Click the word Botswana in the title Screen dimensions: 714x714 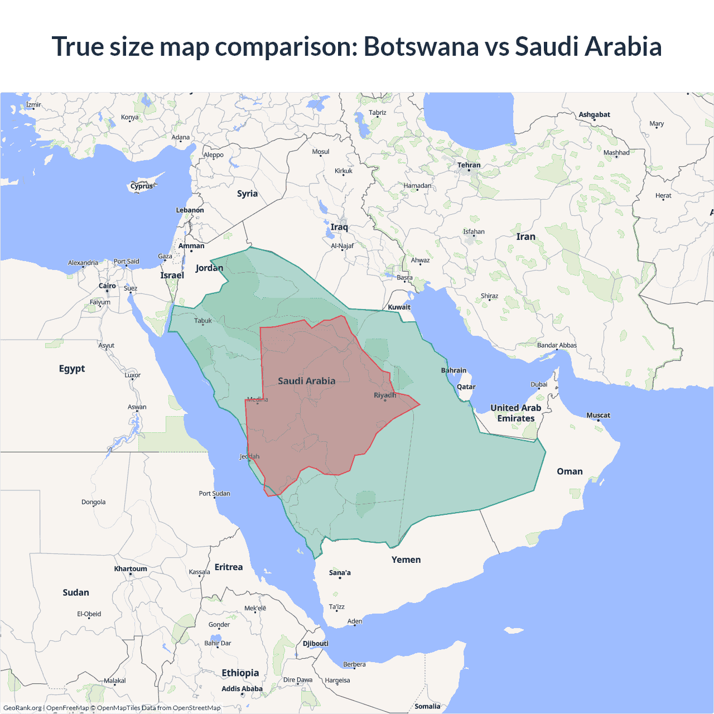pyautogui.click(x=421, y=46)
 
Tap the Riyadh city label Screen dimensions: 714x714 pyautogui.click(x=385, y=395)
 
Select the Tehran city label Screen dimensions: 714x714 pyautogui.click(x=469, y=165)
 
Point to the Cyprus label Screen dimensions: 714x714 pyautogui.click(x=142, y=186)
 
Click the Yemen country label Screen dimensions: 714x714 pyautogui.click(x=406, y=559)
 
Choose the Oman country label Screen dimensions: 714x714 pyautogui.click(x=570, y=471)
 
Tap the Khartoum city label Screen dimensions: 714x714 pyautogui.click(x=131, y=569)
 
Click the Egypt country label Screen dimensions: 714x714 pyautogui.click(x=72, y=369)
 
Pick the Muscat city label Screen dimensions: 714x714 pyautogui.click(x=598, y=415)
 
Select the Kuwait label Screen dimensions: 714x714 pyautogui.click(x=399, y=307)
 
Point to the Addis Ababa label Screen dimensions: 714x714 pyautogui.click(x=242, y=689)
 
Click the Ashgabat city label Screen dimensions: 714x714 pyautogui.click(x=594, y=115)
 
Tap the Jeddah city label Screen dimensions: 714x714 pyautogui.click(x=249, y=456)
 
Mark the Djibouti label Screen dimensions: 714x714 pyautogui.click(x=316, y=643)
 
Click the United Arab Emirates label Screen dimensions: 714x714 pyautogui.click(x=515, y=413)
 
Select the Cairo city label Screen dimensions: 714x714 pyautogui.click(x=107, y=286)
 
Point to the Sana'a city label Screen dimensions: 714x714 pyautogui.click(x=340, y=573)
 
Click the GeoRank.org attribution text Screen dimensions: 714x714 pyautogui.click(x=22, y=708)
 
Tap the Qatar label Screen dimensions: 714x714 pyautogui.click(x=466, y=387)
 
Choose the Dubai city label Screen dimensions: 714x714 pyautogui.click(x=539, y=384)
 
